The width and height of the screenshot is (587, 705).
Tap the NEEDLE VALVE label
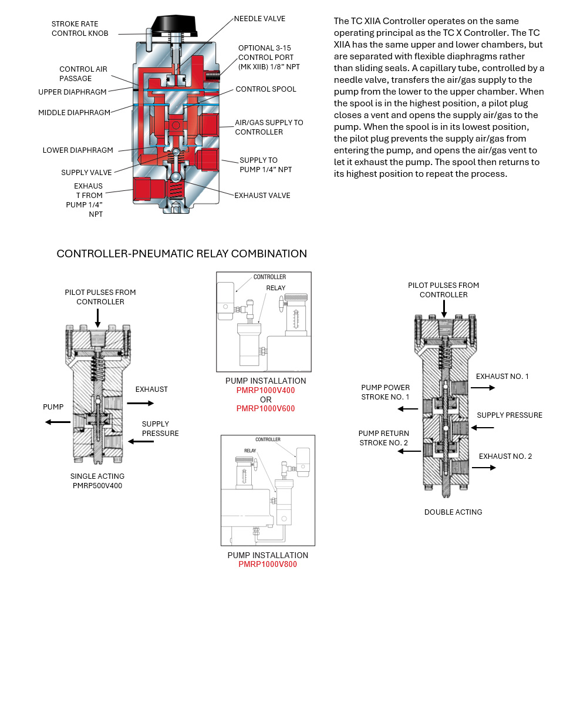[259, 19]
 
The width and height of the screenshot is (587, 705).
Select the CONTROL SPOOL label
[266, 89]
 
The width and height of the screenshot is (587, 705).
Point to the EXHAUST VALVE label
[262, 195]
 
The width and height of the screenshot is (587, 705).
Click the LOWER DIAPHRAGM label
[77, 150]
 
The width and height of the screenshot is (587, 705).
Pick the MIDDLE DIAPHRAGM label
[74, 113]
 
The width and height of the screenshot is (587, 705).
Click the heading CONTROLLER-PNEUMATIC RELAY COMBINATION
[181, 254]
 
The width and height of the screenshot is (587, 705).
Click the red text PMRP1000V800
[268, 564]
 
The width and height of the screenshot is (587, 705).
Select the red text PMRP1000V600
[265, 408]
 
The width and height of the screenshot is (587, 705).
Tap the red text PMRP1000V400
[265, 390]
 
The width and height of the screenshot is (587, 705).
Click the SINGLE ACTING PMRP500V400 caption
[97, 481]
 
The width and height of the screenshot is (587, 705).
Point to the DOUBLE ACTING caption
[453, 512]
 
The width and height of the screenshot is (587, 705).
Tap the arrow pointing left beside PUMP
[57, 422]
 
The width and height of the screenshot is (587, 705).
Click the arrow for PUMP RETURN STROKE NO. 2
[409, 451]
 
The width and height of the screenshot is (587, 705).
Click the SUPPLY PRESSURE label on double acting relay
[510, 415]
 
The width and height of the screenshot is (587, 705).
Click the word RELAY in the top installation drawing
[276, 288]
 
